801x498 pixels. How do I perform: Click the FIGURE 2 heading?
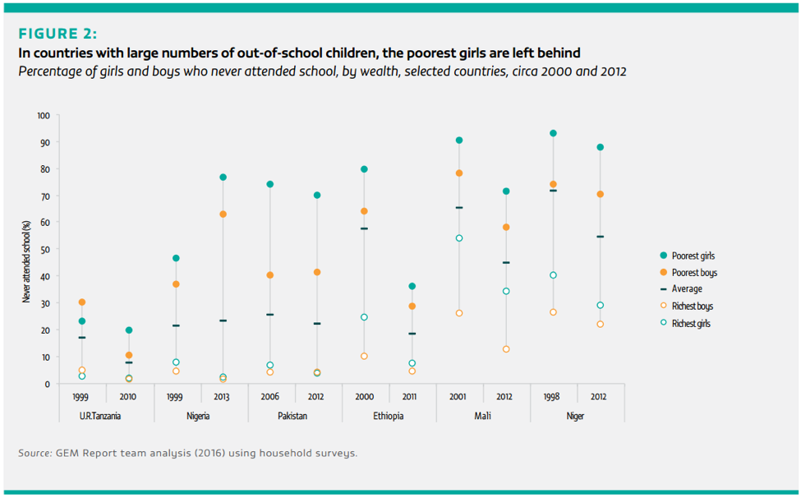point(58,35)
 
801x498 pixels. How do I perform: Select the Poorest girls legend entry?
point(693,256)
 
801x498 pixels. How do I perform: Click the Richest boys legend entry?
point(693,307)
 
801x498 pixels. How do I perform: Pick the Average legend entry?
point(687,289)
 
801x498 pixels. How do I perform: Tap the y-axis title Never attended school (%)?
point(26,262)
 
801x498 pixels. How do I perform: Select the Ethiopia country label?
point(388,416)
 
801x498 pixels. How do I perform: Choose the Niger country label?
point(576,416)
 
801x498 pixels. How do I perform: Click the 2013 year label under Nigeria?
point(223,396)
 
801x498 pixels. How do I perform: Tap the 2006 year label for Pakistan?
point(269,396)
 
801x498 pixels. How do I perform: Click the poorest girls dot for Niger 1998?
point(553,133)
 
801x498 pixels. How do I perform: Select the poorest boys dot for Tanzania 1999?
point(82,302)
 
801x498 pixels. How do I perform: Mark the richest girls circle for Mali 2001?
point(459,238)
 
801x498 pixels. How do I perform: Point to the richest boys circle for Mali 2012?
point(506,349)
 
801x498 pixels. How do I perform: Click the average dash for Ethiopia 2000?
point(364,228)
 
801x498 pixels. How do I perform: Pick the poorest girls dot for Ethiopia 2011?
point(412,286)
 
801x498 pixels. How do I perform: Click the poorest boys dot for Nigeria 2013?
point(223,214)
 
